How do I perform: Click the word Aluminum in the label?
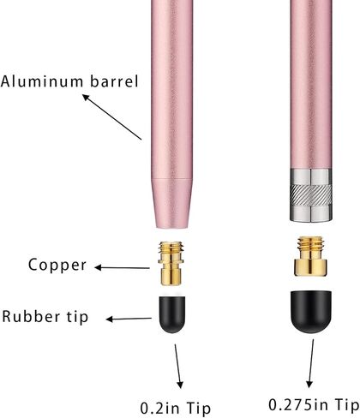[42, 81]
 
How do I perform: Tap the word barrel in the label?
[114, 81]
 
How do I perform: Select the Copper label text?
[57, 266]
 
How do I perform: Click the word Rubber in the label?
[31, 316]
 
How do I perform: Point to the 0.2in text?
[159, 408]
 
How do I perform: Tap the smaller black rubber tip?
[171, 314]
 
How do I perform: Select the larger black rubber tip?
[311, 312]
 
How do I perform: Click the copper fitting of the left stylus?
[171, 263]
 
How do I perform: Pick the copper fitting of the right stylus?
[310, 256]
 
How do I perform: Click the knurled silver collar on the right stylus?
[311, 194]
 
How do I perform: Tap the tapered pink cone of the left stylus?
[171, 203]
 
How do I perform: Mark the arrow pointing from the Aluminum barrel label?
[112, 117]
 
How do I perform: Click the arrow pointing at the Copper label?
[122, 267]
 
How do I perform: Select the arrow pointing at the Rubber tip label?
[129, 319]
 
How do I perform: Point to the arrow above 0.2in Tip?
[178, 367]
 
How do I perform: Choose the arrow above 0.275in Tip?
[310, 363]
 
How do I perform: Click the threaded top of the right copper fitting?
[310, 243]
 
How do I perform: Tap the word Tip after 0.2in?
[198, 409]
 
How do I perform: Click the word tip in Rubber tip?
[77, 316]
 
